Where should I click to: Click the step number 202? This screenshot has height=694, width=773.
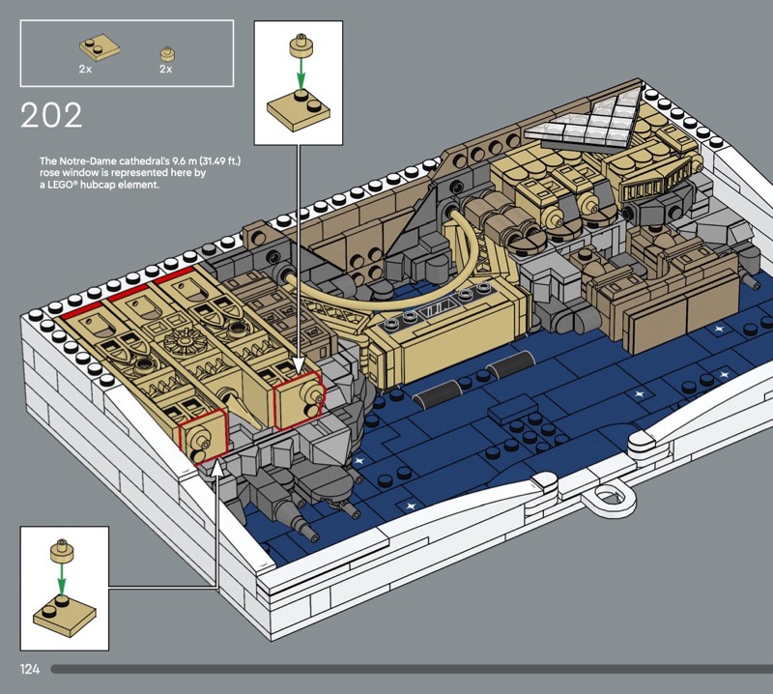click(51, 115)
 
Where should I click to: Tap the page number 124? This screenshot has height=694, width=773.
click(30, 669)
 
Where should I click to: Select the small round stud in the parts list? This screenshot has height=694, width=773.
click(168, 53)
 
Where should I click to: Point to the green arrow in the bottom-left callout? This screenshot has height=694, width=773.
click(61, 578)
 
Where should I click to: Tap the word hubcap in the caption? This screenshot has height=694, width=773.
click(99, 185)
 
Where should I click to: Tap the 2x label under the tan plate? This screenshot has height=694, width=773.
click(85, 69)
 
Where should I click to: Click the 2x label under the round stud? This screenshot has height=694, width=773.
click(165, 69)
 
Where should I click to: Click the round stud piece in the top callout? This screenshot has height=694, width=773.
click(301, 45)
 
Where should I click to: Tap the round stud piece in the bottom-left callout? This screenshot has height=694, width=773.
click(62, 552)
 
